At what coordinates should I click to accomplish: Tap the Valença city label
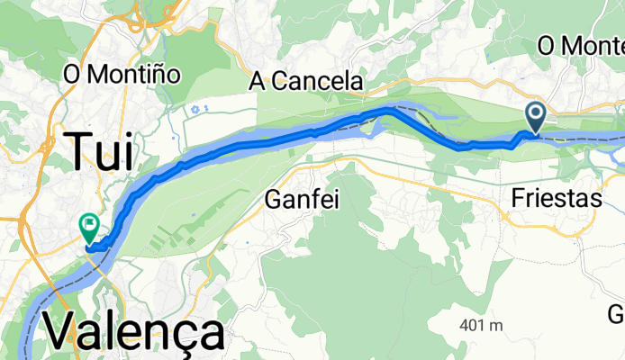[x=133, y=334]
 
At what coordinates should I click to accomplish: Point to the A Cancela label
[x=306, y=82]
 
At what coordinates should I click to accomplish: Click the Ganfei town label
[x=302, y=199]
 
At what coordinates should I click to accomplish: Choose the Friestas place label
[x=556, y=199]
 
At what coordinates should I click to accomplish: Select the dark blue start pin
[x=535, y=114]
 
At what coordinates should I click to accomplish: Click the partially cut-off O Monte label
[x=580, y=45]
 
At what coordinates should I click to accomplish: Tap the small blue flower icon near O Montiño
[x=200, y=109]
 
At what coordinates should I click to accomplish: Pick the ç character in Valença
[x=181, y=336]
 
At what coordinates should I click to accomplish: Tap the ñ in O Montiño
[x=165, y=73]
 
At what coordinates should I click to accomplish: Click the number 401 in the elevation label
[x=470, y=326]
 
